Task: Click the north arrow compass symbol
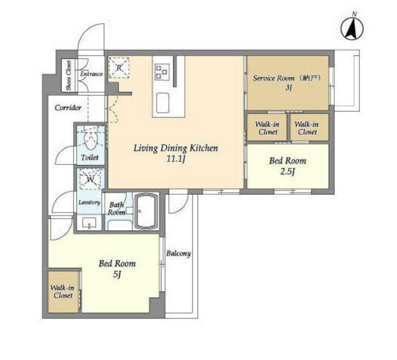click(352, 27)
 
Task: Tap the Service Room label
click(274, 78)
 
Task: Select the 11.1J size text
click(176, 159)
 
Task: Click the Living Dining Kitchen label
click(176, 148)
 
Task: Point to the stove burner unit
click(162, 72)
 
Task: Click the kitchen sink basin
click(163, 103)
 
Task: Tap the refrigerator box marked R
click(119, 68)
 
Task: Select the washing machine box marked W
click(91, 179)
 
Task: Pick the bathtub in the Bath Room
click(145, 211)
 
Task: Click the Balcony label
click(179, 253)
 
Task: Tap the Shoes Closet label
click(69, 76)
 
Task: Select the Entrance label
click(91, 74)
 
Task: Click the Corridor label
click(68, 108)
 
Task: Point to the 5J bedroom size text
click(117, 275)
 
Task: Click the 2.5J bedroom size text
click(288, 172)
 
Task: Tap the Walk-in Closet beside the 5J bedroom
click(63, 292)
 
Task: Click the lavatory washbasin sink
click(90, 223)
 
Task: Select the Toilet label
click(90, 158)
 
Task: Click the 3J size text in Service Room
click(288, 88)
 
